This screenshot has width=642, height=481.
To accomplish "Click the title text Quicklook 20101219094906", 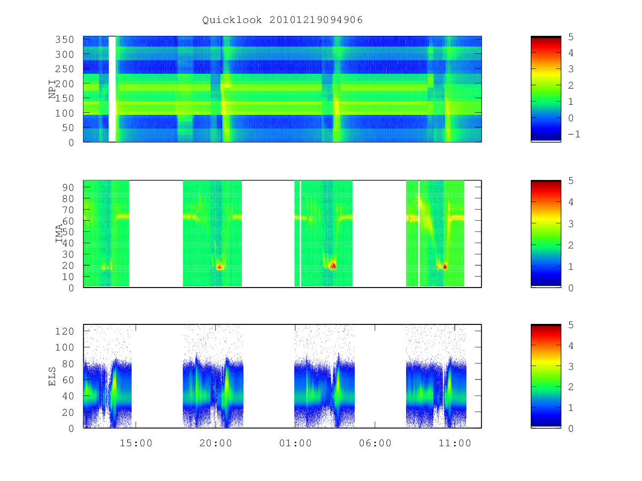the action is [x=282, y=20].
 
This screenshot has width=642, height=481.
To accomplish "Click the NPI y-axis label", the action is [x=52, y=89].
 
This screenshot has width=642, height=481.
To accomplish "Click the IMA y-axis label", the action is [x=59, y=234].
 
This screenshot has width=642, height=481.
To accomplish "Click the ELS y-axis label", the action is [x=52, y=376].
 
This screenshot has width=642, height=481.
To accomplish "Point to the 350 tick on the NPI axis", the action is [x=64, y=40].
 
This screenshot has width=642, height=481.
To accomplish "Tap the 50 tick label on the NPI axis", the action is [x=68, y=128].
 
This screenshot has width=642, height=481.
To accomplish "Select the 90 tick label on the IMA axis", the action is [x=68, y=188].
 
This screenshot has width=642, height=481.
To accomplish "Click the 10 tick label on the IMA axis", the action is [x=68, y=276].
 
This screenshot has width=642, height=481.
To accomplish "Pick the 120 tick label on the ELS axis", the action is [x=64, y=331].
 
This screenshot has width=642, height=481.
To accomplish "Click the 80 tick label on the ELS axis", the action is [x=68, y=364].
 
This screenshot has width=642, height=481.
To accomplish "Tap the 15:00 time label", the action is [x=136, y=443].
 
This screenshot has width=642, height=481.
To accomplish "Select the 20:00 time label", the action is [x=216, y=443].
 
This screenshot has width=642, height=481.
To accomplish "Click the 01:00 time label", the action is [x=295, y=443].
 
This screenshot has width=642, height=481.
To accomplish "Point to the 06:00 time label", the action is [x=375, y=443].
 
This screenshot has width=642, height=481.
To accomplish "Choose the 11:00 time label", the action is [x=455, y=443].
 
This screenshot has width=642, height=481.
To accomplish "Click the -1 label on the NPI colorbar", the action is [x=574, y=134].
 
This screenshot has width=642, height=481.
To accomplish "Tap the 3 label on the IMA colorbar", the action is [x=571, y=224].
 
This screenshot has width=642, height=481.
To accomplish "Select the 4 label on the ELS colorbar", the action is [x=571, y=346].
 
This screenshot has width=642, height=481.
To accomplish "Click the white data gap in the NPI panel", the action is [x=112, y=89].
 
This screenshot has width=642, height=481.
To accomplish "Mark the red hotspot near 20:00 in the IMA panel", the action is [x=219, y=266].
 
